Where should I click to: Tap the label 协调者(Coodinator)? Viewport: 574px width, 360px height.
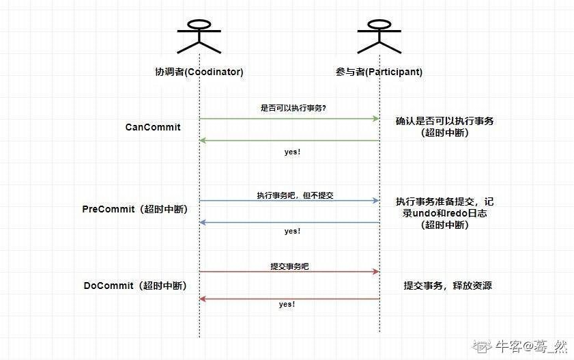coord(199,72)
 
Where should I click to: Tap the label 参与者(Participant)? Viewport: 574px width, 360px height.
coord(379,72)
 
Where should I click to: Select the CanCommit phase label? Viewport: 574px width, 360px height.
coord(153,127)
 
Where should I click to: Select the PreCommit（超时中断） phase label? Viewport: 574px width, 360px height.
coord(134,209)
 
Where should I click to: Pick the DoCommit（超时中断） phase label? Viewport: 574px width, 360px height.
coord(135,286)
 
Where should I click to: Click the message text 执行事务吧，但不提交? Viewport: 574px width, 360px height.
coord(295,195)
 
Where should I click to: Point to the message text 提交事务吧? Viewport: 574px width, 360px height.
coord(289,266)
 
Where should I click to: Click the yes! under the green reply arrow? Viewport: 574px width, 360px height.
coord(292,152)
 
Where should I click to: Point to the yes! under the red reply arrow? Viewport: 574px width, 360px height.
coord(287,304)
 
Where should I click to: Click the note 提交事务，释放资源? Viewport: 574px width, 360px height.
coord(448,286)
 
